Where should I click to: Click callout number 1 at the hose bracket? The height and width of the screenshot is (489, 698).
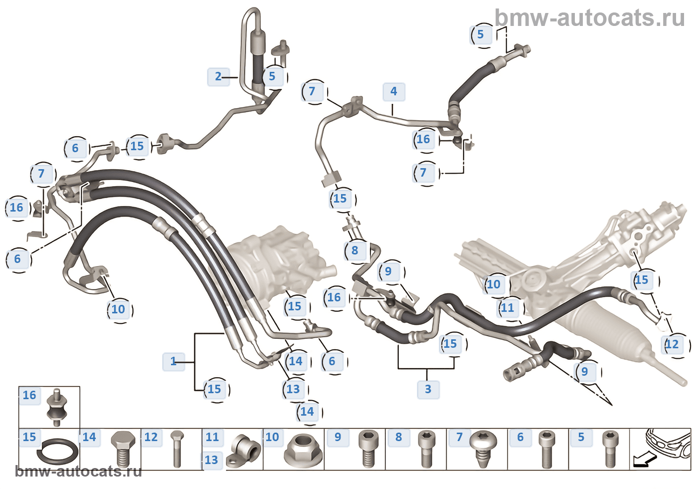174,361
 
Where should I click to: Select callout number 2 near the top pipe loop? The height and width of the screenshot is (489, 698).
218,77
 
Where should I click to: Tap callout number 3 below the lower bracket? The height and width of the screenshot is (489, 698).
428,389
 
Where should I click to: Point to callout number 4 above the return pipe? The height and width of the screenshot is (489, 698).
393,92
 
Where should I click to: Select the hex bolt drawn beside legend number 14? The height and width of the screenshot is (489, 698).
122,449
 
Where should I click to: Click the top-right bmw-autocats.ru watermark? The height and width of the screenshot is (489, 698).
590,18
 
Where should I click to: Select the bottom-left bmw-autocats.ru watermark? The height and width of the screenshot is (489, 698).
78,472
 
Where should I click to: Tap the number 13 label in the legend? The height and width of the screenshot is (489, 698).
211,460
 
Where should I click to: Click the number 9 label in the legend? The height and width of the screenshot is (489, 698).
338,438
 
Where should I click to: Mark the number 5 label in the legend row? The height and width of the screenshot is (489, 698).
581,438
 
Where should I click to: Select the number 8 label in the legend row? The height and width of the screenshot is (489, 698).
398,438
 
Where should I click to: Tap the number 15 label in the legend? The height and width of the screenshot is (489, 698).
29,438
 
